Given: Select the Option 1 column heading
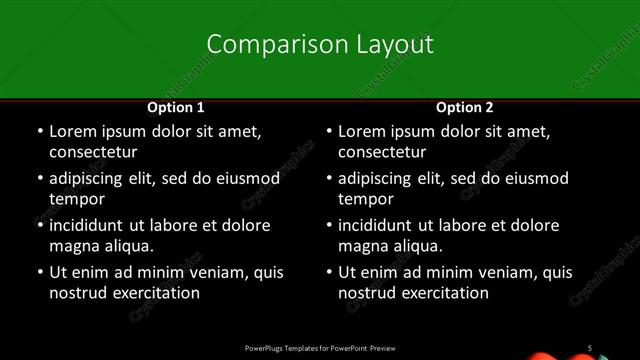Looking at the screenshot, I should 176,107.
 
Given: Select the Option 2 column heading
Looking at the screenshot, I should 465,107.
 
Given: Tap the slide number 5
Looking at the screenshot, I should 590,347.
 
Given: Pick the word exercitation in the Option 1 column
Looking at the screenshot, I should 155,293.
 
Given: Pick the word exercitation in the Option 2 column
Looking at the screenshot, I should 444,293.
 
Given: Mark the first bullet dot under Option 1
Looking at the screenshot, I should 39,132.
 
